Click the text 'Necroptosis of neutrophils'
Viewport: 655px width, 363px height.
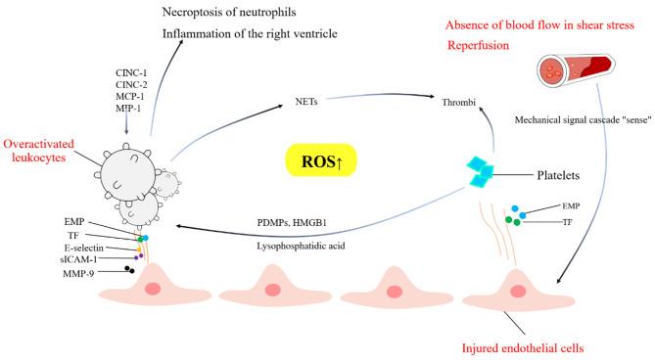coord(235,14)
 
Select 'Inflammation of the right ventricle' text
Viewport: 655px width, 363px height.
coord(253,37)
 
